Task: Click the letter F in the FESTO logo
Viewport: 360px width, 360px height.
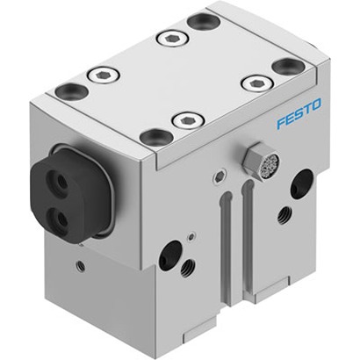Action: pyautogui.click(x=282, y=123)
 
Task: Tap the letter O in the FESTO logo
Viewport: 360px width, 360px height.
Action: pyautogui.click(x=316, y=104)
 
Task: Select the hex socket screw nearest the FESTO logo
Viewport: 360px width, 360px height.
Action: pyautogui.click(x=258, y=83)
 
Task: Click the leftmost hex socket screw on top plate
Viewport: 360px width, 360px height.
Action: pyautogui.click(x=104, y=76)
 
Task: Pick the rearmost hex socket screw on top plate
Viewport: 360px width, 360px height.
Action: pyautogui.click(x=173, y=39)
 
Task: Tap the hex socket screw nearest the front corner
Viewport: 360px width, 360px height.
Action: pyautogui.click(x=188, y=120)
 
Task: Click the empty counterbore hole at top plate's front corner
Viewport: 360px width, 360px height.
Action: pyautogui.click(x=155, y=137)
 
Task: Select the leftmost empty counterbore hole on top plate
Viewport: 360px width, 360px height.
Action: pyautogui.click(x=72, y=90)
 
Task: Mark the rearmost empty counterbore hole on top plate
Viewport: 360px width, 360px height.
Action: pyautogui.click(x=204, y=22)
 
